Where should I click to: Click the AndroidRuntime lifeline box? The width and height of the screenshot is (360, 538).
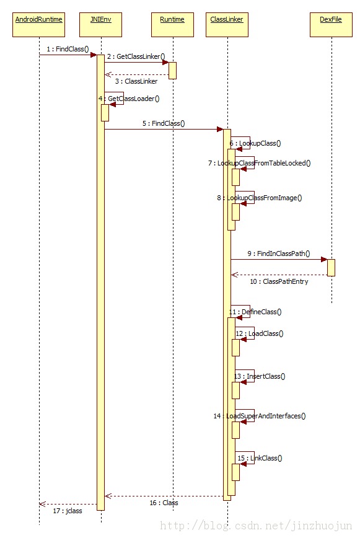pos(39,25)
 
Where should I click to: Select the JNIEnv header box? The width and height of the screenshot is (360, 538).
pos(101,25)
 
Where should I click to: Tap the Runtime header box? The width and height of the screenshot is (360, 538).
pos(172,25)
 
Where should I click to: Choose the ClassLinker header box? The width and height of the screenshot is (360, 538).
pos(227,25)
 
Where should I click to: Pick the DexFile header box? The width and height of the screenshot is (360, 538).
pos(331,25)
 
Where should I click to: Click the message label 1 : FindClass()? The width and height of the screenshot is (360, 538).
pos(68,49)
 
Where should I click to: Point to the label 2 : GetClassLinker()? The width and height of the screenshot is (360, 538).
pos(136,56)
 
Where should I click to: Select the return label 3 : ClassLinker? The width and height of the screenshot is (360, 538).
pos(136,81)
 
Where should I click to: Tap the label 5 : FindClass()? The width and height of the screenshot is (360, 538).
pos(164,123)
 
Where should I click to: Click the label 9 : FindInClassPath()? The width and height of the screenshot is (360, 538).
pos(279,254)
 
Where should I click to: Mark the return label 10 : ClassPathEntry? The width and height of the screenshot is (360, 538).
pos(279,281)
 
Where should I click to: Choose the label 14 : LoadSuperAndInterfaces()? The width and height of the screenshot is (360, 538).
pos(260,416)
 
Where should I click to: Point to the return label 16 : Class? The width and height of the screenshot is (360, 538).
pos(164,503)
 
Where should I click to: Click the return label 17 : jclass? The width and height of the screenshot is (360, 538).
pos(68,511)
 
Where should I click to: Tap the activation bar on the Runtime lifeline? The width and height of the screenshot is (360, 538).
pos(173,71)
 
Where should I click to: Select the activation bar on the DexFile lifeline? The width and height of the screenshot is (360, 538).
pos(331,268)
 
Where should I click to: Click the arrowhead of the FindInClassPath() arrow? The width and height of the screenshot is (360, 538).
pos(324,259)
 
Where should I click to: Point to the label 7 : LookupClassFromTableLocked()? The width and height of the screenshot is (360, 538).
pos(259,164)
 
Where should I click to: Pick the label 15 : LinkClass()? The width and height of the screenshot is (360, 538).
pos(260,459)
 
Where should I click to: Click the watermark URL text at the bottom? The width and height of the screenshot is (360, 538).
pos(256,526)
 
